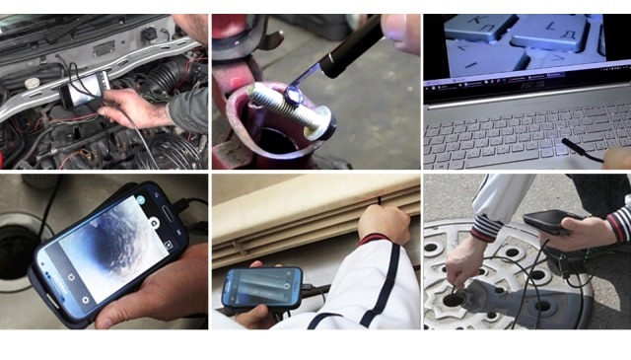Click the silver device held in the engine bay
coord(77,94)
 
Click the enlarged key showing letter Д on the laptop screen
coord(547,35)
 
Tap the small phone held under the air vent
coord(260,287)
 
